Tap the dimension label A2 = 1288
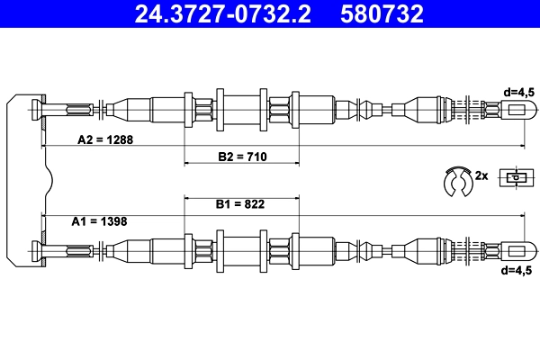tap(106, 139)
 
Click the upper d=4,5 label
tap(519, 91)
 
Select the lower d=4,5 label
tap(519, 269)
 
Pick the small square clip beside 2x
tap(514, 177)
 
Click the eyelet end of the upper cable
tap(519, 110)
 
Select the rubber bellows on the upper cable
tap(359, 110)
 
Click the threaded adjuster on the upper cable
tap(472, 110)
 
